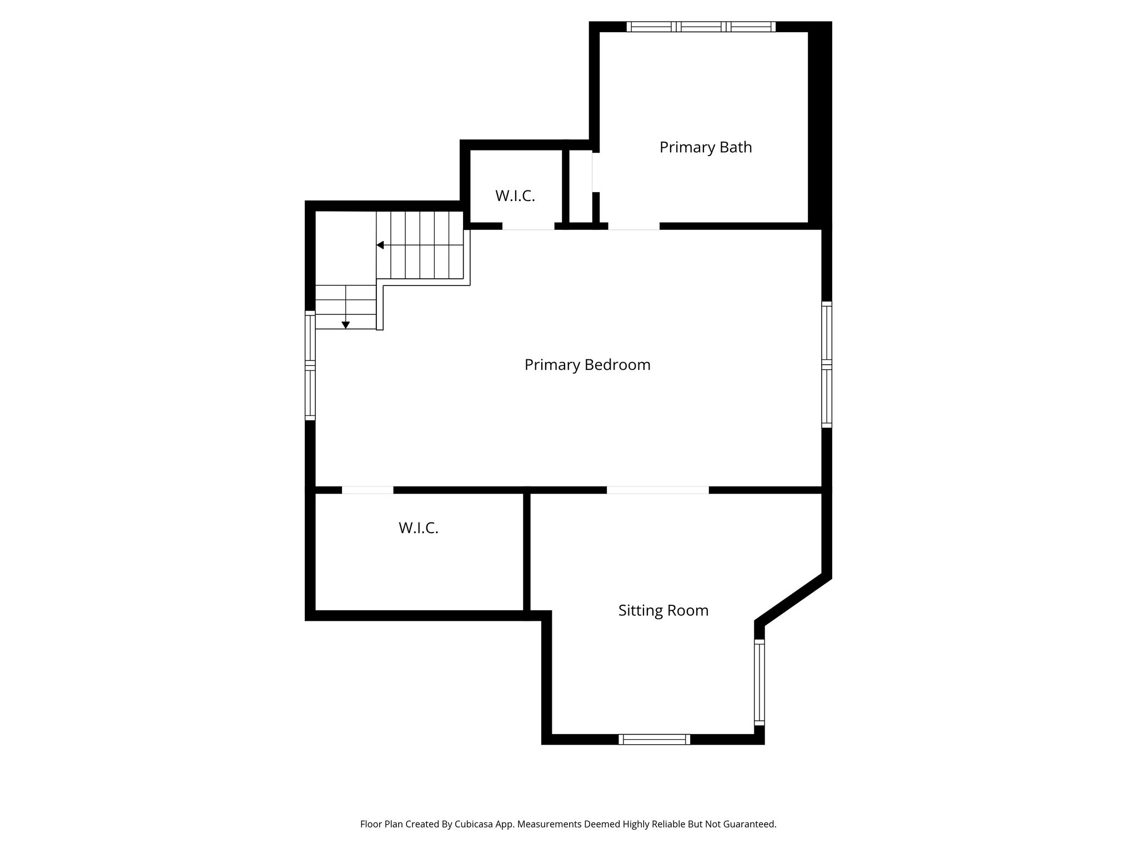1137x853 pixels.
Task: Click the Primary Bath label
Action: tap(705, 147)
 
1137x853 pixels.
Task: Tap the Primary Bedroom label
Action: tap(587, 365)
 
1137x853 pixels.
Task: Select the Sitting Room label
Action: tap(663, 610)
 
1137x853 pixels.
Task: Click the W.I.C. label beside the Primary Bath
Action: tap(515, 195)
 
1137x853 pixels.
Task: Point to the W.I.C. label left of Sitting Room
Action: tap(418, 528)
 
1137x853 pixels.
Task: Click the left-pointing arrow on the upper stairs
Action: tap(380, 245)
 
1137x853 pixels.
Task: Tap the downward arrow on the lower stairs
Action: tap(345, 325)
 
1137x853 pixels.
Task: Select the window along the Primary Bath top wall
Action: tap(701, 27)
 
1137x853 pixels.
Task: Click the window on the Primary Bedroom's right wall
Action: tap(827, 364)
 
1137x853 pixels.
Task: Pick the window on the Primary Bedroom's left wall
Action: tap(310, 365)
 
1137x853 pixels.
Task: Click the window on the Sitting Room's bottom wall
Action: tap(654, 739)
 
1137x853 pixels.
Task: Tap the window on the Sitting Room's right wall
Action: tap(759, 682)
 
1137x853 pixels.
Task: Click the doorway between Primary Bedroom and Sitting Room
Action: tap(657, 490)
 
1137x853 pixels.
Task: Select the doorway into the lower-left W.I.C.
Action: tap(368, 490)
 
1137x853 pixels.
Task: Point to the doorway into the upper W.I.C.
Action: tap(528, 226)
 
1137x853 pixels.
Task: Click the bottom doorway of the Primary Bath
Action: tap(633, 226)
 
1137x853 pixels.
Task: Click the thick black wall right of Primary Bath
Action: tap(819, 125)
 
